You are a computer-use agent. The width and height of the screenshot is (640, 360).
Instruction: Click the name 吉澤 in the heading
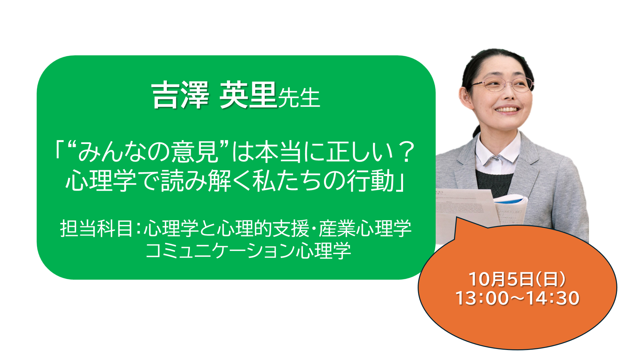pyautogui.click(x=180, y=95)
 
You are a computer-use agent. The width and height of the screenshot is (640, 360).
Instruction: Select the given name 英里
pyautogui.click(x=248, y=95)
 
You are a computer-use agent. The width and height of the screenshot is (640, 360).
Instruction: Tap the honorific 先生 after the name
pyautogui.click(x=299, y=98)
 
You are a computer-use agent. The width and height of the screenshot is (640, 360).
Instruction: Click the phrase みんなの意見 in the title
pyautogui.click(x=148, y=152)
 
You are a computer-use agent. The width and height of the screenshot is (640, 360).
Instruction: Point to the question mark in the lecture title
pyautogui.click(x=406, y=152)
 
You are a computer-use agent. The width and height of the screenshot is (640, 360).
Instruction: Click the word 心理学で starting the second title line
pyautogui.click(x=112, y=181)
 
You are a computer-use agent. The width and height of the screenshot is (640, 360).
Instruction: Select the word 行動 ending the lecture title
pyautogui.click(x=371, y=181)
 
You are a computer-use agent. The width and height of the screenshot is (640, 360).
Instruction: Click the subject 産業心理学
pyautogui.click(x=365, y=229)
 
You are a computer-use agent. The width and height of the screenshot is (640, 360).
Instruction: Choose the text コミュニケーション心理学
pyautogui.click(x=248, y=251)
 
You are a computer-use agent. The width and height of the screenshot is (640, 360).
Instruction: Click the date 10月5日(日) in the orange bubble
pyautogui.click(x=517, y=279)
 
